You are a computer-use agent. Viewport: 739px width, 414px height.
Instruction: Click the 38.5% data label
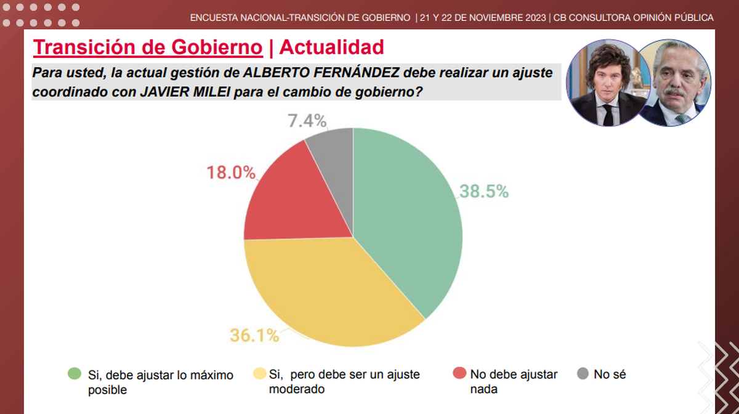[484, 192]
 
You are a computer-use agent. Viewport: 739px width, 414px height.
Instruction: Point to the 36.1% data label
[254, 336]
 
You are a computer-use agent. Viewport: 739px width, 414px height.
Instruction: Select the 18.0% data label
[230, 172]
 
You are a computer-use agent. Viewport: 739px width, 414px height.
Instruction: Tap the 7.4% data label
[307, 121]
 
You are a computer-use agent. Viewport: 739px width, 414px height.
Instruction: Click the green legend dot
[75, 373]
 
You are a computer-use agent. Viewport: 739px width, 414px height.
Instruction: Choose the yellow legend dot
[260, 373]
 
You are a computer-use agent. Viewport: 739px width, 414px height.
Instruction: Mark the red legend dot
[459, 373]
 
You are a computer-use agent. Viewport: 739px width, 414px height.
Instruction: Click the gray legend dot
[583, 373]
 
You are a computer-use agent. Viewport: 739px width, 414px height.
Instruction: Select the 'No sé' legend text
[610, 374]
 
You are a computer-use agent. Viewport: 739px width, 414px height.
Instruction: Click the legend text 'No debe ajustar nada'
[514, 381]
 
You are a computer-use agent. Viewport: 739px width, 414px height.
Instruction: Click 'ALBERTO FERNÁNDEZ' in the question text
[323, 73]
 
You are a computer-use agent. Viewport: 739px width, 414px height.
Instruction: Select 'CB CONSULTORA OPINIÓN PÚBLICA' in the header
[634, 18]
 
